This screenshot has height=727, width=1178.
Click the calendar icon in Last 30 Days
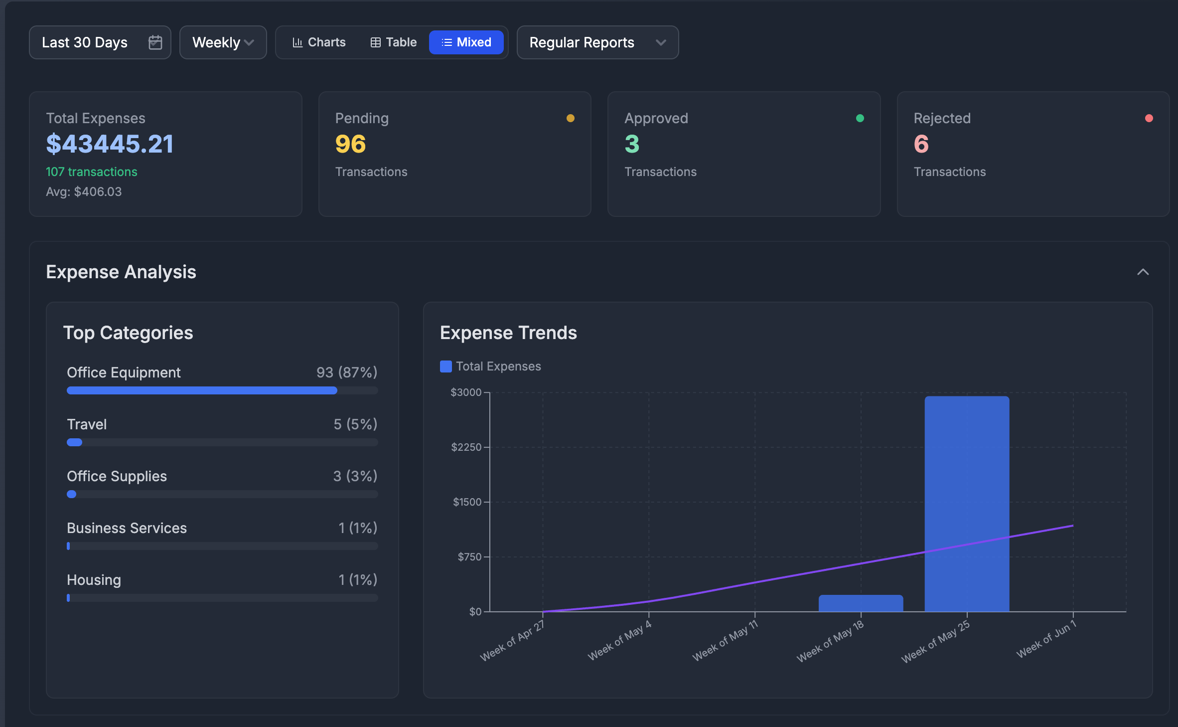coord(155,42)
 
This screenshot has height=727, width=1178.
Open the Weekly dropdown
coord(223,42)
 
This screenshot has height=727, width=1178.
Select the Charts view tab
coord(319,42)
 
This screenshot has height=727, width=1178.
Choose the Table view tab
coord(394,42)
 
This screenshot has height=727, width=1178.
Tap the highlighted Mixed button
coord(466,42)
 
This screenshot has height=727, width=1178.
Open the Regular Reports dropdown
coord(597,42)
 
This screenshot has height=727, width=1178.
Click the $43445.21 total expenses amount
coord(110,144)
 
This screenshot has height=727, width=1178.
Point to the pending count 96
coord(350,144)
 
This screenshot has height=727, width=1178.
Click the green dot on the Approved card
coord(860,118)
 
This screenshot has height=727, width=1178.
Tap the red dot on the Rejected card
coord(1149,118)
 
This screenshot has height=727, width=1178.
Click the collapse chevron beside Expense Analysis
coord(1143,272)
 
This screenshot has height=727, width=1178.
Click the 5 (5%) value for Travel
coord(355,424)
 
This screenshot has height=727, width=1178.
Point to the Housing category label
coord(94,580)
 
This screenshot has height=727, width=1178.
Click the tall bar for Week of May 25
coord(967,504)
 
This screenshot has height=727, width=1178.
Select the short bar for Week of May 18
coord(861,603)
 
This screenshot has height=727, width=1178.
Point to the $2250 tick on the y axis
coord(466,447)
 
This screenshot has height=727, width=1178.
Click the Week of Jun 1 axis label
coord(1046,640)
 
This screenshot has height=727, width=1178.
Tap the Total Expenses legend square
coord(446,366)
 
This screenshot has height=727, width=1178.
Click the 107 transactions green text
coord(91,172)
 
